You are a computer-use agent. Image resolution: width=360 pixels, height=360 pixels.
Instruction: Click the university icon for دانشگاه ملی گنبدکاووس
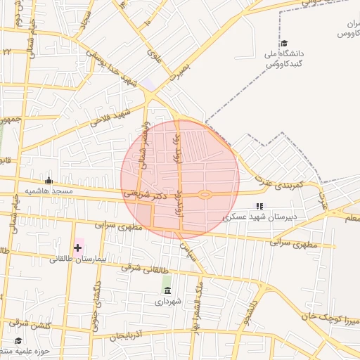pos(283,43)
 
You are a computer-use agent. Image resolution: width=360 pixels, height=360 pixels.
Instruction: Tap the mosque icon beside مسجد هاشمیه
pos(49,180)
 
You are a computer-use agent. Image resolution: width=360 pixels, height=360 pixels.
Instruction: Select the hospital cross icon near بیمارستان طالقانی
pos(77,247)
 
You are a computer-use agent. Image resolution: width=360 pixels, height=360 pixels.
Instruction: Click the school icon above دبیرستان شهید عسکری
pos(259,206)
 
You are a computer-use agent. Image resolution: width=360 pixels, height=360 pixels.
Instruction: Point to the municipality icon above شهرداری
pos(167,290)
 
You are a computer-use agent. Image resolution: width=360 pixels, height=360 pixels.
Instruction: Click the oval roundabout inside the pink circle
pos(205,195)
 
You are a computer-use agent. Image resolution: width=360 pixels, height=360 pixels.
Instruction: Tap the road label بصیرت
pos(179,74)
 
